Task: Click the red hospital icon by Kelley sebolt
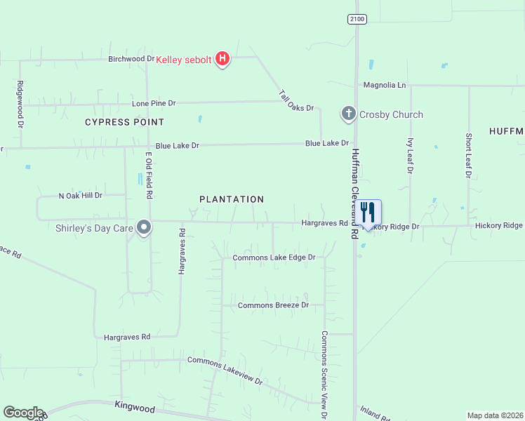pyautogui.click(x=222, y=59)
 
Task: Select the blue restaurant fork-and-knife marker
pyautogui.click(x=368, y=212)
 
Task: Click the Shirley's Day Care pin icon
pyautogui.click(x=145, y=227)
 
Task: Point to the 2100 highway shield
pyautogui.click(x=357, y=19)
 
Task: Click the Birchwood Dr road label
pyautogui.click(x=131, y=59)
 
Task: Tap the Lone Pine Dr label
pyautogui.click(x=154, y=103)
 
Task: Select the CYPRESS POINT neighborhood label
pyautogui.click(x=119, y=122)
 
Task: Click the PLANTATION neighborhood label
pyautogui.click(x=232, y=199)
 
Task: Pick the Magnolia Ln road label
pyautogui.click(x=385, y=85)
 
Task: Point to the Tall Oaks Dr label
pyautogui.click(x=295, y=102)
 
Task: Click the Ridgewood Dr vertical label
pyautogui.click(x=20, y=104)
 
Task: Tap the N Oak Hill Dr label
pyautogui.click(x=81, y=195)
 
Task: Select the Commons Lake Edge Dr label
pyautogui.click(x=274, y=258)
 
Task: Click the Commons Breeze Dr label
pyautogui.click(x=273, y=305)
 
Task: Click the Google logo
pyautogui.click(x=23, y=413)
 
